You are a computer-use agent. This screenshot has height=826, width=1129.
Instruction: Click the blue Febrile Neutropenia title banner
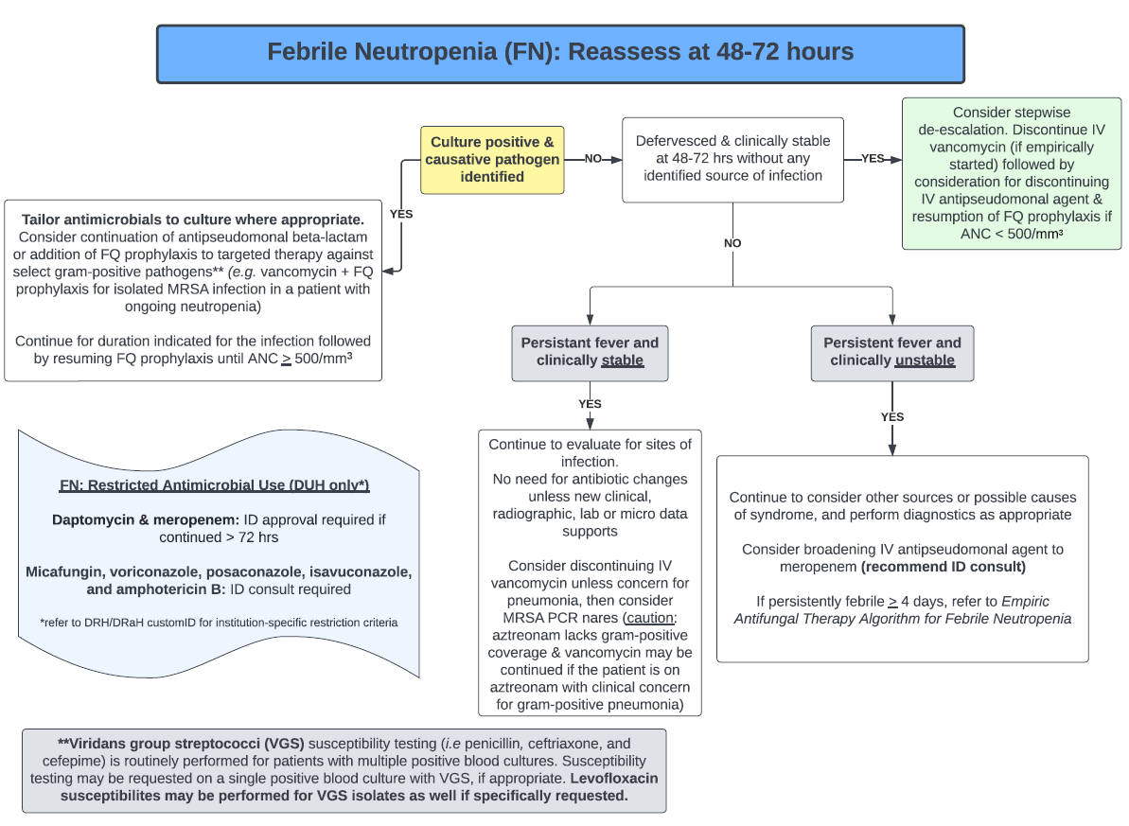pyautogui.click(x=560, y=53)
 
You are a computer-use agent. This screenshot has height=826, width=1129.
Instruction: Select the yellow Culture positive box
pyautogui.click(x=492, y=159)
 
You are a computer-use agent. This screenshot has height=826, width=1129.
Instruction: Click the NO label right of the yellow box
pyautogui.click(x=593, y=159)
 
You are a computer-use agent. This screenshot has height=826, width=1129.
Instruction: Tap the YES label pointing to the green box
pyautogui.click(x=873, y=159)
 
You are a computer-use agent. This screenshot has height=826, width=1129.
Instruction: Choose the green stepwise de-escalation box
pyautogui.click(x=1011, y=173)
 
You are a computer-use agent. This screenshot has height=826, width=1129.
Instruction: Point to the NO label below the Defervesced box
pyautogui.click(x=732, y=243)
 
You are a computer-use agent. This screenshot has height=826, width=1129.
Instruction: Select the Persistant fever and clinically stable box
pyautogui.click(x=590, y=351)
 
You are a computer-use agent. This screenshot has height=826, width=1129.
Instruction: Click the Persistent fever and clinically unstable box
pyautogui.click(x=891, y=351)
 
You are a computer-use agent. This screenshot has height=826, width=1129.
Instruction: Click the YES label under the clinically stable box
pyautogui.click(x=590, y=404)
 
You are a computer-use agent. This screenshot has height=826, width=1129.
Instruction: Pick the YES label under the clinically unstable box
pyautogui.click(x=892, y=417)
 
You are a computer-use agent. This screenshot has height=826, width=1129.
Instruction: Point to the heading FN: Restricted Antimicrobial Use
pyautogui.click(x=214, y=485)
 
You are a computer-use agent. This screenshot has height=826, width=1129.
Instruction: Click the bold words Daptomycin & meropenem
pyautogui.click(x=145, y=519)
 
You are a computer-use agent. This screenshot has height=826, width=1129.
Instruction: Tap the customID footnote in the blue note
pyautogui.click(x=219, y=623)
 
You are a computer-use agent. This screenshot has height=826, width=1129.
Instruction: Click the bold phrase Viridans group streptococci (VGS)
pyautogui.click(x=161, y=744)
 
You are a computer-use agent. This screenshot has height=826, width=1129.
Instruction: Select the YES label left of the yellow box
pyautogui.click(x=401, y=214)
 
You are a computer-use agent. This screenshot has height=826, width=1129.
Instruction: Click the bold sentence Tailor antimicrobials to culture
pyautogui.click(x=193, y=219)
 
